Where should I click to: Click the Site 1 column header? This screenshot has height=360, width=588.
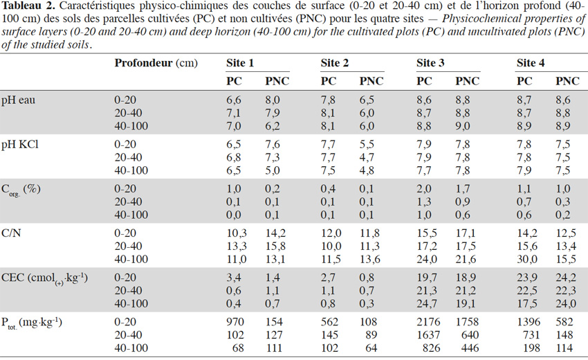click(x=240, y=63)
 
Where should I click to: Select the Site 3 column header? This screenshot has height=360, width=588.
click(x=430, y=63)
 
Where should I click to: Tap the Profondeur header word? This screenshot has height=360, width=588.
click(x=144, y=63)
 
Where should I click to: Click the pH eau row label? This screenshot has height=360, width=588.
click(x=18, y=100)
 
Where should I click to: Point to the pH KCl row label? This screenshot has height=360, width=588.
click(x=20, y=145)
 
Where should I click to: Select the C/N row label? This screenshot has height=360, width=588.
click(x=11, y=233)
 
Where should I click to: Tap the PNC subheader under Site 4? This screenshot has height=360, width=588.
click(x=567, y=81)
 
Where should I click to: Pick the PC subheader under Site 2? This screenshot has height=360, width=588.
click(x=329, y=81)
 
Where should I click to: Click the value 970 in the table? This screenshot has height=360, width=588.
click(x=235, y=322)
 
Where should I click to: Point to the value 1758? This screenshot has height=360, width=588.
click(x=467, y=322)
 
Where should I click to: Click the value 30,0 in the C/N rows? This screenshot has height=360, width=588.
click(x=527, y=259)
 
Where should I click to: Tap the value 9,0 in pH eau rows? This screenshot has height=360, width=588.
click(x=463, y=126)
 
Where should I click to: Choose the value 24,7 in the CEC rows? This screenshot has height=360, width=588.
click(x=427, y=303)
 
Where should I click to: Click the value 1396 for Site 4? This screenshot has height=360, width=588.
click(x=529, y=322)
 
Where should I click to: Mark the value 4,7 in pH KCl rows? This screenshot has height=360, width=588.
click(x=367, y=157)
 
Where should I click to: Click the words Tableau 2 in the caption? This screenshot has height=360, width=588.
click(x=28, y=6)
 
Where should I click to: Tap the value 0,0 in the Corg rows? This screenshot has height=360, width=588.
click(x=234, y=215)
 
